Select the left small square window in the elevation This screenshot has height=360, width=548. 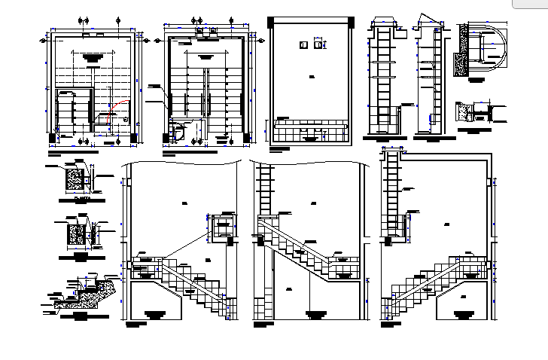pyautogui.click(x=303, y=44)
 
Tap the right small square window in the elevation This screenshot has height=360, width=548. pyautogui.click(x=319, y=44)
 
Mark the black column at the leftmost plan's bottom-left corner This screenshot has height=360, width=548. pyautogui.click(x=52, y=138)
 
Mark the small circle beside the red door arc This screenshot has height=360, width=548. pyautogui.click(x=125, y=118)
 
